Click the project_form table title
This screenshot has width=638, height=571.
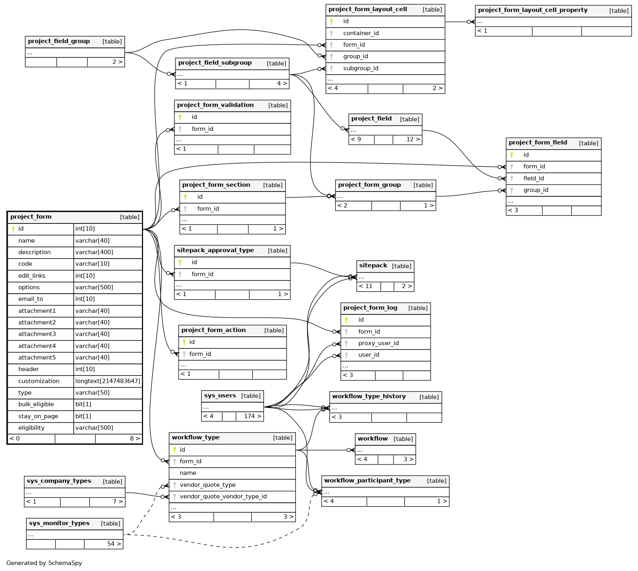pyautogui.click(x=31, y=217)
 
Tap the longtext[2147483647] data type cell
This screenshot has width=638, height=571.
pyautogui.click(x=108, y=381)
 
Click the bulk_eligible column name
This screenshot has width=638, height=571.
pyautogui.click(x=36, y=404)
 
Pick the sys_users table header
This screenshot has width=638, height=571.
pyautogui.click(x=220, y=396)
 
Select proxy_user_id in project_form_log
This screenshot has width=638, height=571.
pyautogui.click(x=378, y=343)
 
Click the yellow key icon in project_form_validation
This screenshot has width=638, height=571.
pyautogui.click(x=180, y=117)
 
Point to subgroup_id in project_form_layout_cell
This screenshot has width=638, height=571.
pyautogui.click(x=360, y=68)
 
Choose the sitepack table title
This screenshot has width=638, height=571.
pyautogui.click(x=373, y=266)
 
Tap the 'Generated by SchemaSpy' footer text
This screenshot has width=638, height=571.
pyautogui.click(x=44, y=563)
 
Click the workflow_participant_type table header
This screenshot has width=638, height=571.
pyautogui.click(x=367, y=481)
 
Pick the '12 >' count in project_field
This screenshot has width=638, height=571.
pyautogui.click(x=413, y=139)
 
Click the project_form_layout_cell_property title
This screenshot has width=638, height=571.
pyautogui.click(x=532, y=10)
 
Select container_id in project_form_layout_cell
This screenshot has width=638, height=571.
pyautogui.click(x=360, y=33)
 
